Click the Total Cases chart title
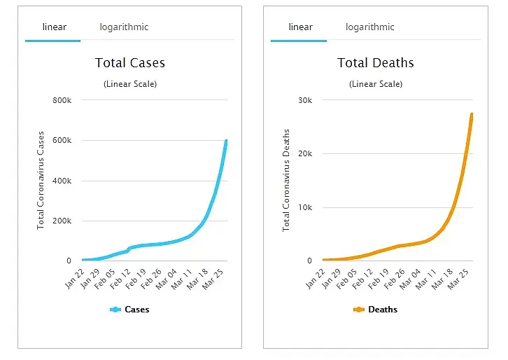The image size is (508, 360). (x=129, y=63)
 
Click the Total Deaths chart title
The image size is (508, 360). (x=375, y=63)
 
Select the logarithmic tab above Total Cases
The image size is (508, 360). (x=123, y=27)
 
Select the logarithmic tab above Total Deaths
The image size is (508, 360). (x=369, y=27)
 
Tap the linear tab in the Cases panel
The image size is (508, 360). (x=54, y=27)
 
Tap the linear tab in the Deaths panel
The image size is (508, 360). (x=300, y=27)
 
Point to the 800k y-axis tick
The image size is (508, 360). (x=62, y=100)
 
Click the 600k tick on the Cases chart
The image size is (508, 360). (x=62, y=141)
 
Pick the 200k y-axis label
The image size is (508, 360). (x=62, y=221)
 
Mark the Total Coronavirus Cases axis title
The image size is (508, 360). (x=41, y=180)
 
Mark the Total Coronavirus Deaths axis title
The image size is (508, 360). (x=286, y=180)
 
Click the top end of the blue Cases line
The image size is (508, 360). (x=226, y=141)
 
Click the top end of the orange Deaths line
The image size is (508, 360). (x=472, y=114)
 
